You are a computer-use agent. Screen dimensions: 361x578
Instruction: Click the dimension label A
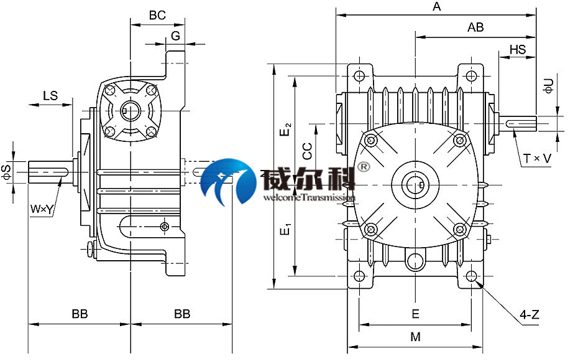[x=436, y=7]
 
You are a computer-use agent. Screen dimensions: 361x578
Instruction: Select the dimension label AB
[x=475, y=27]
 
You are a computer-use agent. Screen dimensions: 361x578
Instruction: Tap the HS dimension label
[x=517, y=49]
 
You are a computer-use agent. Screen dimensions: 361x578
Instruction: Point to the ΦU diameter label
[x=548, y=86]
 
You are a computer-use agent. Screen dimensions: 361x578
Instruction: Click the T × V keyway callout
[x=537, y=159]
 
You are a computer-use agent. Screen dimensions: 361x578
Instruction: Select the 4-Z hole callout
[x=529, y=316]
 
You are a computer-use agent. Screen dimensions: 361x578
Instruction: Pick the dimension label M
[x=416, y=337]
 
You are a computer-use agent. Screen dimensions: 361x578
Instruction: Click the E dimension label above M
[x=416, y=313]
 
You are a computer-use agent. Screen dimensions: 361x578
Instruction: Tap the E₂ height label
[x=285, y=129]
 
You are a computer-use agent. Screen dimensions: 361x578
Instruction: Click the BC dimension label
[x=158, y=16]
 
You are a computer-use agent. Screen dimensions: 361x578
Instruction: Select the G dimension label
[x=176, y=36]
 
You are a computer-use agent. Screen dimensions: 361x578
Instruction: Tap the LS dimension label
[x=50, y=95]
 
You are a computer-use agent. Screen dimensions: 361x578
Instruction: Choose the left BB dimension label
[x=80, y=314]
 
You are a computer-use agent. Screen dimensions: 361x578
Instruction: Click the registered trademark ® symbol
[x=364, y=167]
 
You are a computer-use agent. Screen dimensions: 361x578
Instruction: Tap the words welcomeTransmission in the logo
[x=309, y=197]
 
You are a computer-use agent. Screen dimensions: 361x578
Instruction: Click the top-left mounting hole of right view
[x=359, y=77]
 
